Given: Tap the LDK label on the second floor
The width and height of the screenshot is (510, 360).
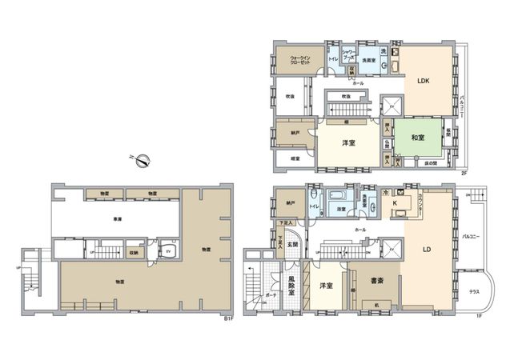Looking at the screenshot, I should click(423, 79).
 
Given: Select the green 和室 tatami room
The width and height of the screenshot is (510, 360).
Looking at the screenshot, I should click(418, 138).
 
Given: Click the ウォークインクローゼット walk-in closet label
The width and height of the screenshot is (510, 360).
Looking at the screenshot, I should click(300, 59).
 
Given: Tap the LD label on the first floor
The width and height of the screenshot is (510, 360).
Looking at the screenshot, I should click(428, 250).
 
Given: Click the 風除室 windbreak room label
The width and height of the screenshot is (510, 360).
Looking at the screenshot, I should click(293, 286).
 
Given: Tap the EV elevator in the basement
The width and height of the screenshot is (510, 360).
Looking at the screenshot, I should click(169, 250).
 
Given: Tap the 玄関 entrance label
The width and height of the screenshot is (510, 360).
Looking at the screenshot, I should click(293, 244).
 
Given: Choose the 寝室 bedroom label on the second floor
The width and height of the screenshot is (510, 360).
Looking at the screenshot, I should click(295, 158).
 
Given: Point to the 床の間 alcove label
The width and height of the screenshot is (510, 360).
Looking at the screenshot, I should click(430, 164).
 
